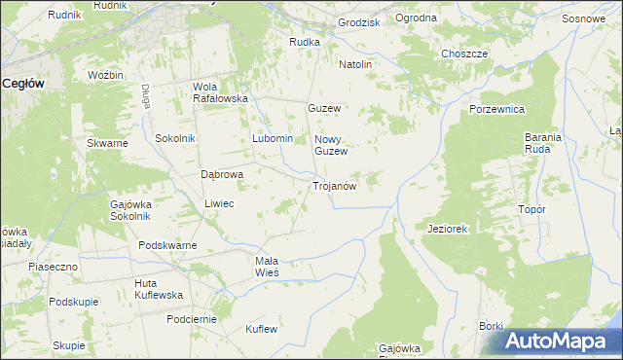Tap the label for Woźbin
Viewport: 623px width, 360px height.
click(x=105, y=75)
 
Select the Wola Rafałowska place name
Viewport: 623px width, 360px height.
click(x=221, y=92)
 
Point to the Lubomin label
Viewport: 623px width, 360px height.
click(x=273, y=138)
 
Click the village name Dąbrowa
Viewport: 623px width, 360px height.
click(x=221, y=174)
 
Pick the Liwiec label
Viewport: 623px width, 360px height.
click(x=219, y=203)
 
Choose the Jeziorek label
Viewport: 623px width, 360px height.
click(x=448, y=229)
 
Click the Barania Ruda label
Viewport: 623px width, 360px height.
click(x=543, y=144)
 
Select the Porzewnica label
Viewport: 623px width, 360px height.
click(x=497, y=109)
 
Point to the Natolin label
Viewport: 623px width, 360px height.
click(x=355, y=64)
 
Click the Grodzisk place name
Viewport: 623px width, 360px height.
click(x=358, y=20)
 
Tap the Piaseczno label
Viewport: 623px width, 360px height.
click(x=53, y=266)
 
